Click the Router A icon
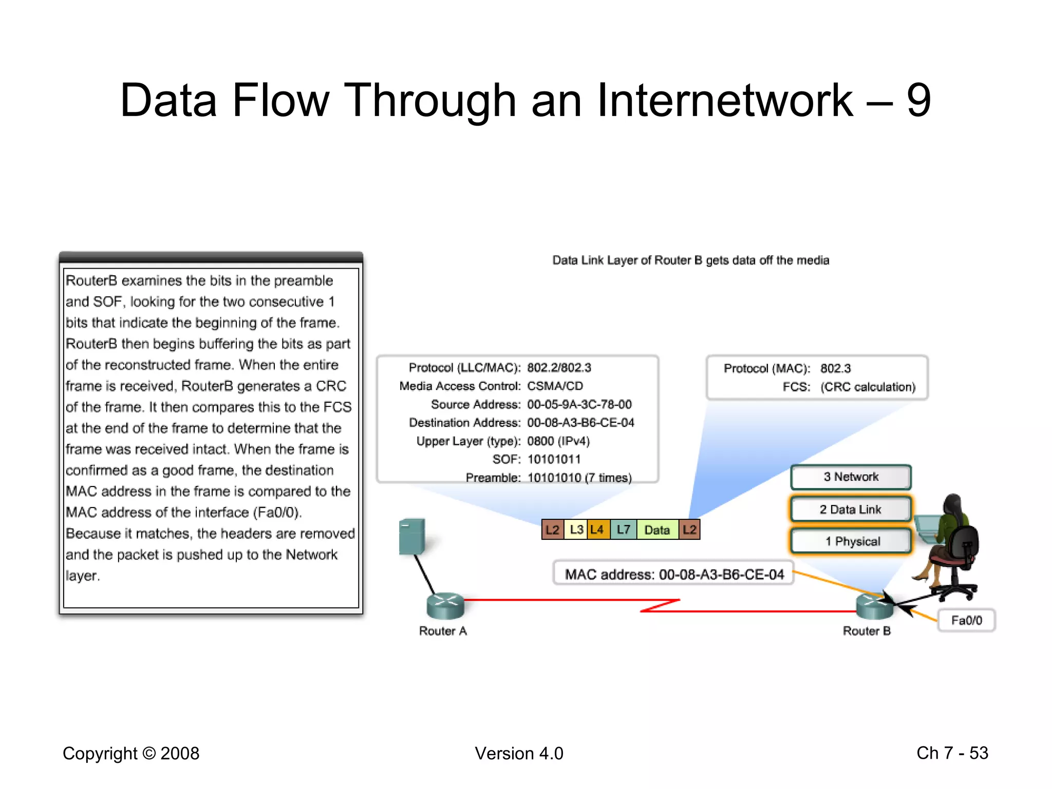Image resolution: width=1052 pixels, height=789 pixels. coord(445,606)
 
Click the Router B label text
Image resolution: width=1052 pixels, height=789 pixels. coord(867,631)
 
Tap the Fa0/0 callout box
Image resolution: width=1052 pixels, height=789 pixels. coord(966,621)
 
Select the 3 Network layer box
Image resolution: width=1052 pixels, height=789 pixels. coord(851,477)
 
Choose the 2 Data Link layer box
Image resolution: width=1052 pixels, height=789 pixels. coord(851,510)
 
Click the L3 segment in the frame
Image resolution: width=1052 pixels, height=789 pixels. coord(576,530)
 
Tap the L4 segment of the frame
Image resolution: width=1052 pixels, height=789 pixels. coord(597,530)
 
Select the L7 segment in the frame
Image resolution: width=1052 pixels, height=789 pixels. coord(624,530)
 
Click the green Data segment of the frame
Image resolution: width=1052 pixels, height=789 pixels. coord(657,530)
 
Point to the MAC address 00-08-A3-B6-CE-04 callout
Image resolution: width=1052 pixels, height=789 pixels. coord(674,574)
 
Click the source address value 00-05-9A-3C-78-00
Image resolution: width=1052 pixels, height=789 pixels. coord(579,404)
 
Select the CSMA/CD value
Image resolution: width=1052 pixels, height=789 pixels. coord(555,386)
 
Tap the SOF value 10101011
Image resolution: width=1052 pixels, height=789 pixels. coord(554,459)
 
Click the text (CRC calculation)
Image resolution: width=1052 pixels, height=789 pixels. coord(868,387)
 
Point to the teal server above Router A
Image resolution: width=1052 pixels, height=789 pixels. coord(412,536)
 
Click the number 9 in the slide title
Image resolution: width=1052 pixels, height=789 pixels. coord(918,100)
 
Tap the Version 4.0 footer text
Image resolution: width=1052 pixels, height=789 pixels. coord(519,753)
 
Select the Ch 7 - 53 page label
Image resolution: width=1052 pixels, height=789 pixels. coord(952,753)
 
